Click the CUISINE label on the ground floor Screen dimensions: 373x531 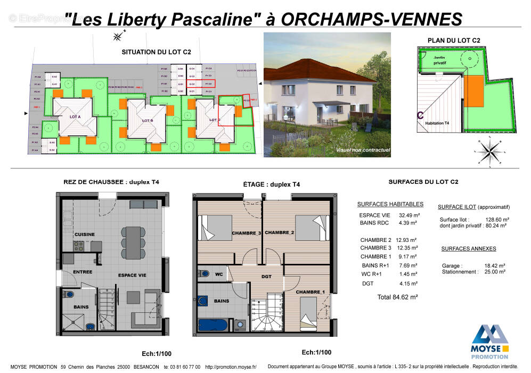pos(85,234)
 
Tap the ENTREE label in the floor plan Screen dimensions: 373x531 pos(83,272)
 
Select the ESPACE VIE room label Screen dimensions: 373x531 pos(132,275)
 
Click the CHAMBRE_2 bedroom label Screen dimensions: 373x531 pos(280,233)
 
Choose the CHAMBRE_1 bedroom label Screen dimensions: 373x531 pos(311,292)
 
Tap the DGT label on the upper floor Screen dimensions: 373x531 pos(266,276)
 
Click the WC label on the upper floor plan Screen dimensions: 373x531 pos(219,275)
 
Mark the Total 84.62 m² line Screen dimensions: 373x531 pos(397,297)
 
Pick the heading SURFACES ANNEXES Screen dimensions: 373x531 pos(469,249)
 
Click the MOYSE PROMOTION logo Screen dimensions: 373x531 pos(490,341)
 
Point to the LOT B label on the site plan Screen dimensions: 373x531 pos(148,121)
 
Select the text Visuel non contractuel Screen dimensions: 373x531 pos(363,150)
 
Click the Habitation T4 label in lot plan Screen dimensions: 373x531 pos(437,123)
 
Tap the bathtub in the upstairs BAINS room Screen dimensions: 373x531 pos(215,325)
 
